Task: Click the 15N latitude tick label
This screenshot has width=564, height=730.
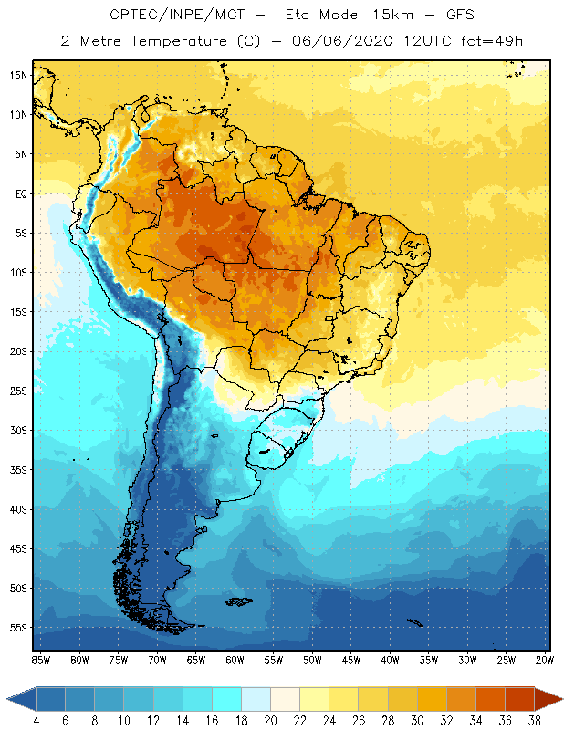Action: pyautogui.click(x=19, y=75)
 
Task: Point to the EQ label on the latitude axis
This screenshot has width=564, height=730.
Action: pyautogui.click(x=20, y=193)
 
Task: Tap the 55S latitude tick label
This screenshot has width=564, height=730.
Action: pyautogui.click(x=19, y=628)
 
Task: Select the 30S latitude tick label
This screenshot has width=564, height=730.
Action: pyautogui.click(x=19, y=431)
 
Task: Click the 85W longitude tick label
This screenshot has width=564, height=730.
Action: pyautogui.click(x=41, y=660)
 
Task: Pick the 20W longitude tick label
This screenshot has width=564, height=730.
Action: pyautogui.click(x=544, y=660)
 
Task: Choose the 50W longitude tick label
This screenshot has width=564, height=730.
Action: pyautogui.click(x=312, y=660)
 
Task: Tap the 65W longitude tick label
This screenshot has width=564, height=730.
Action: pyautogui.click(x=196, y=660)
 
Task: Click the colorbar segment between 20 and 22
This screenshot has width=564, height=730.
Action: pyautogui.click(x=285, y=699)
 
